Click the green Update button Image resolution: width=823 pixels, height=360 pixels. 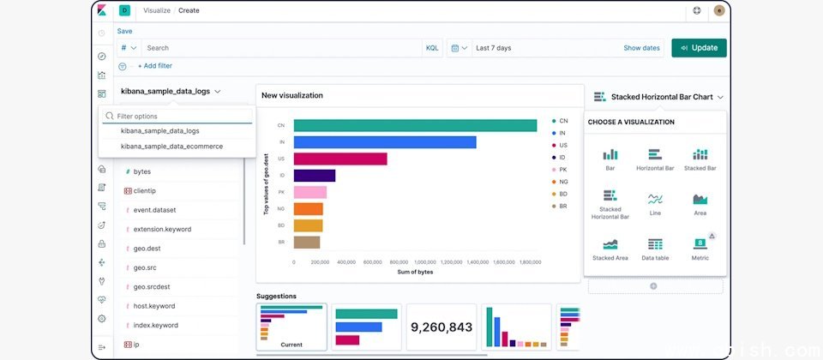699,48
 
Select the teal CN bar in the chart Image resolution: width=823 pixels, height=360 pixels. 415,126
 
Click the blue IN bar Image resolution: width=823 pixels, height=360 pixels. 385,142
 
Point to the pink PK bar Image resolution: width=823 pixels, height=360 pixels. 309,192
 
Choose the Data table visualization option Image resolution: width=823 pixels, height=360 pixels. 655,249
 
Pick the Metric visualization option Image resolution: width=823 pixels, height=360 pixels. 700,249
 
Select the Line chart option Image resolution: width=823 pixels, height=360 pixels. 655,204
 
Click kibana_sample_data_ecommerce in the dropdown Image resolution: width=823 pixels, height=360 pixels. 171,147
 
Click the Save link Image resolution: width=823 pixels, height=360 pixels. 125,31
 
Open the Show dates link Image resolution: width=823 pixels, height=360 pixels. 641,48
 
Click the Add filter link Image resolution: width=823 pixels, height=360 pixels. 155,66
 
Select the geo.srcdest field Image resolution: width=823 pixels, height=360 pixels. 151,286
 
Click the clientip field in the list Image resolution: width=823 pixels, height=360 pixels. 144,190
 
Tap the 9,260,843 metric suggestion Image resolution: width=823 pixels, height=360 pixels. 442,327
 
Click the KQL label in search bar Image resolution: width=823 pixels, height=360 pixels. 432,48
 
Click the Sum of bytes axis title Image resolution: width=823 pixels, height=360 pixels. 415,272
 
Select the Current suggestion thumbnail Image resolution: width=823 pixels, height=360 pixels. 291,327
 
